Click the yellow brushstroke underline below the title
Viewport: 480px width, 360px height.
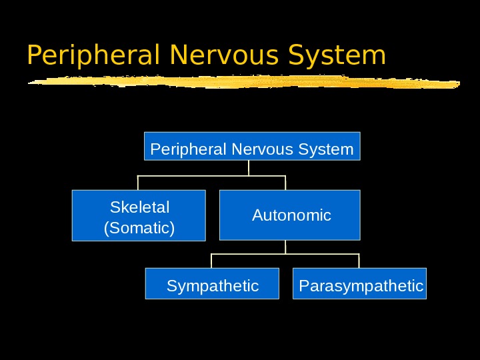243,83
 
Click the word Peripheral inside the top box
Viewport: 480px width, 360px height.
189,149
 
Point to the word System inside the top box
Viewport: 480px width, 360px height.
327,149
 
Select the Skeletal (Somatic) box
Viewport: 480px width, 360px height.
139,215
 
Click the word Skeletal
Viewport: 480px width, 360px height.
140,207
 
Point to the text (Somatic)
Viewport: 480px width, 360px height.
140,228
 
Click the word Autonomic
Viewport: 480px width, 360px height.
291,215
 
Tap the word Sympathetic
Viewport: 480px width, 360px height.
213,286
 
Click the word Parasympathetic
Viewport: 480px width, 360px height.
361,286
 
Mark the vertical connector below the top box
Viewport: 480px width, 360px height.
249,168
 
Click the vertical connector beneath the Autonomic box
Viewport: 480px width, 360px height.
285,247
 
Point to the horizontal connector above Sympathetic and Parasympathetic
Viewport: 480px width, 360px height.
285,254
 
